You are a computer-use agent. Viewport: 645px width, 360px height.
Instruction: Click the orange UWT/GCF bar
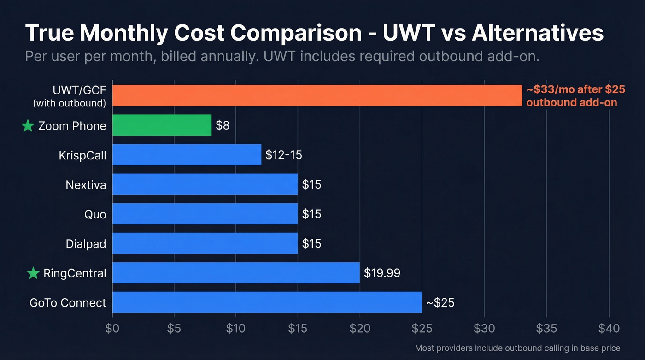pyautogui.click(x=317, y=95)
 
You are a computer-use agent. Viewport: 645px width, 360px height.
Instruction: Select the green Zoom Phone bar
pyautogui.click(x=162, y=125)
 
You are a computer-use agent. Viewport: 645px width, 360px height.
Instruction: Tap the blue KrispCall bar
pyautogui.click(x=187, y=155)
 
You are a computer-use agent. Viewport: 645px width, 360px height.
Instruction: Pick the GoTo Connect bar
pyautogui.click(x=267, y=302)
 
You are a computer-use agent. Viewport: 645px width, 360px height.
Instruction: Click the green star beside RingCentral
pyautogui.click(x=33, y=273)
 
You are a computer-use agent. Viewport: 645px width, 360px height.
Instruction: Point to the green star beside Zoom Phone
pyautogui.click(x=28, y=126)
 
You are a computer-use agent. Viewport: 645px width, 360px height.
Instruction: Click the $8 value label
pyautogui.click(x=223, y=125)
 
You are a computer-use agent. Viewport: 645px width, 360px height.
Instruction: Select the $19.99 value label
pyautogui.click(x=382, y=273)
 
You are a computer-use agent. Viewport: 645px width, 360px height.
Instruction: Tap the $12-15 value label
pyautogui.click(x=284, y=155)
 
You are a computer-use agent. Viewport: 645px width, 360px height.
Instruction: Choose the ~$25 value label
pyautogui.click(x=440, y=302)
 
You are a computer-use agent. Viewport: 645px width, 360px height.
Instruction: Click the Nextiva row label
pyautogui.click(x=86, y=185)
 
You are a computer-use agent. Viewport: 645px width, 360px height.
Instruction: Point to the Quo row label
pyautogui.click(x=95, y=214)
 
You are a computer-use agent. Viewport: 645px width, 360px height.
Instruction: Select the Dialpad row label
pyautogui.click(x=86, y=244)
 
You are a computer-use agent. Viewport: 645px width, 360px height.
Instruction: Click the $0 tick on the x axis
pyautogui.click(x=112, y=328)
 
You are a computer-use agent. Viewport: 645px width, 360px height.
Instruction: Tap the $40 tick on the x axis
pyautogui.click(x=609, y=328)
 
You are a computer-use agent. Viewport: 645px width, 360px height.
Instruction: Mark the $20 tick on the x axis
pyautogui.click(x=360, y=328)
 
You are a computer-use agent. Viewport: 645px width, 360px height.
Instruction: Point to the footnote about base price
pyautogui.click(x=517, y=348)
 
